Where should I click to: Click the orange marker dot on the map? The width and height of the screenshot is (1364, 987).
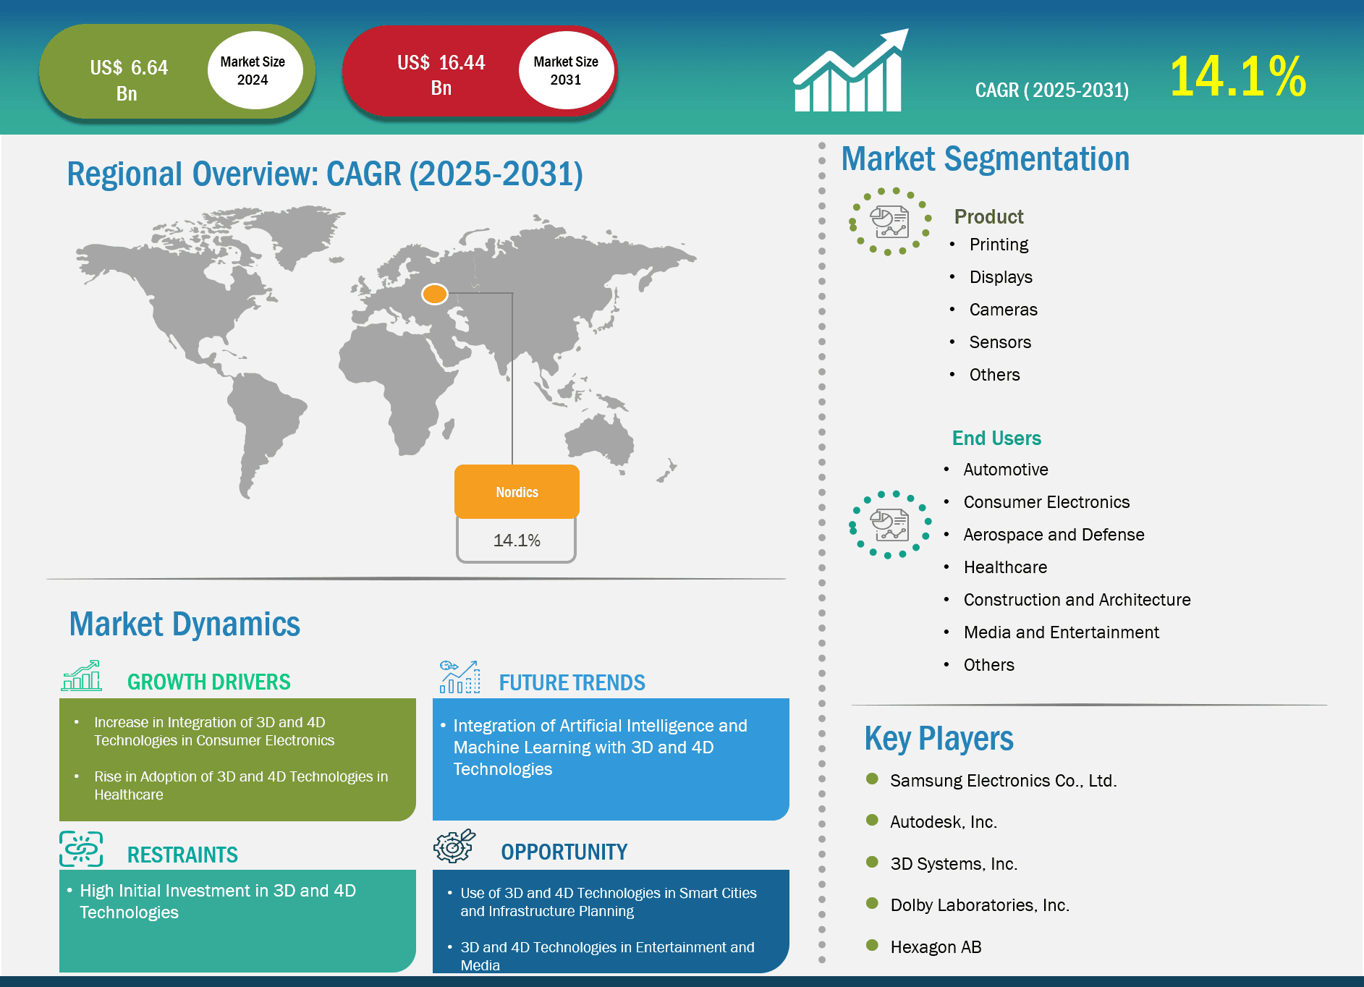click(435, 294)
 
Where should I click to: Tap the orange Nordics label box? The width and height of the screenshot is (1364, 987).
click(517, 491)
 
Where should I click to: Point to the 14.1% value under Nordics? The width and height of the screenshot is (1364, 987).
click(517, 540)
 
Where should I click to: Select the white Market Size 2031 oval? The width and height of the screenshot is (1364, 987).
click(566, 70)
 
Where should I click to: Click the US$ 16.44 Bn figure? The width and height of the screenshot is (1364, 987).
click(441, 75)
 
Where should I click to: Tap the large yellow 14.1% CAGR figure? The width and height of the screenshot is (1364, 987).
click(1238, 76)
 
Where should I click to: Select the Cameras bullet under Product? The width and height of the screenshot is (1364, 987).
click(1003, 310)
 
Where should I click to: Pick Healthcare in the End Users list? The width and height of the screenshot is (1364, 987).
click(1005, 567)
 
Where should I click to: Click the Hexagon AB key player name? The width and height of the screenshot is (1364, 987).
click(936, 947)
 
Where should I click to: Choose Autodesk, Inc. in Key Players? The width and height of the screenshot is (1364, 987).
click(944, 822)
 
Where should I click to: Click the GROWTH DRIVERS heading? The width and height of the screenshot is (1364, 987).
click(208, 682)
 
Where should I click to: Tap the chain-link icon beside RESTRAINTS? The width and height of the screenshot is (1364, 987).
click(81, 848)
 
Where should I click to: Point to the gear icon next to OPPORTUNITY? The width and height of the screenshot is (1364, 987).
click(454, 846)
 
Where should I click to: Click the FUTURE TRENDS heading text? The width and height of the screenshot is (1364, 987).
click(572, 682)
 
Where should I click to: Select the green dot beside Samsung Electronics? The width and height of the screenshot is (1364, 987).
click(872, 779)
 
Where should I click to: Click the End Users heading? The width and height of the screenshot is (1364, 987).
click(996, 438)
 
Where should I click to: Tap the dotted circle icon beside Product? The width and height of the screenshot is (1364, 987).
click(889, 221)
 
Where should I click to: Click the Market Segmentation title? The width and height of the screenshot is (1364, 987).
click(985, 159)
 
